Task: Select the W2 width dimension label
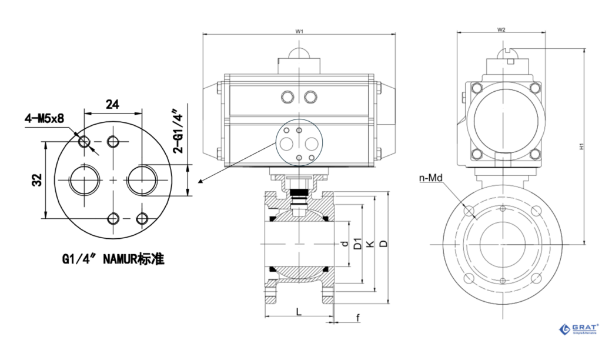coord(501,29)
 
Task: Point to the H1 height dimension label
coord(580,146)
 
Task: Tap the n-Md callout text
coord(430,178)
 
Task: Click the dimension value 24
coord(113,104)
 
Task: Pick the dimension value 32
coord(36,180)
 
